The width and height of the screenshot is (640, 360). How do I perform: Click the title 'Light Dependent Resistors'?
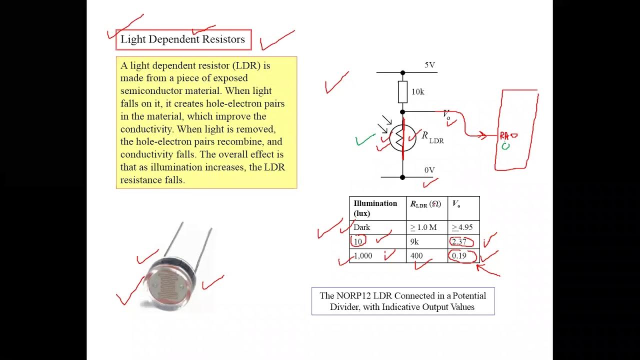[x=183, y=39]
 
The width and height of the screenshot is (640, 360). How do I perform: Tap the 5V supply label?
[x=429, y=65]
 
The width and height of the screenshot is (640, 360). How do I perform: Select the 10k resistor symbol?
[x=402, y=92]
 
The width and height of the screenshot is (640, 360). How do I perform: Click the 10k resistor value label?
[x=417, y=92]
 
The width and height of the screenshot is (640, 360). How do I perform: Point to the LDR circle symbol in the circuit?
[x=402, y=138]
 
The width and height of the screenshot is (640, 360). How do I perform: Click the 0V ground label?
[x=429, y=170]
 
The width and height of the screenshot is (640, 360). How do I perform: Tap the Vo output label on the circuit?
[x=446, y=114]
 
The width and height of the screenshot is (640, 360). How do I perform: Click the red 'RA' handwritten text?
[x=504, y=135]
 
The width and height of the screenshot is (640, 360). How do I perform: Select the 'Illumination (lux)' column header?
[x=375, y=208]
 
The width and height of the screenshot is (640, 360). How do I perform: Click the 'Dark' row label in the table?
[x=362, y=227]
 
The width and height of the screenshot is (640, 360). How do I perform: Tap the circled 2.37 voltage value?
[x=459, y=242]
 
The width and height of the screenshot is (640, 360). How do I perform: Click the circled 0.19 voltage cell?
[x=459, y=256]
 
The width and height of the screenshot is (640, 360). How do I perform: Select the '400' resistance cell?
[x=416, y=256]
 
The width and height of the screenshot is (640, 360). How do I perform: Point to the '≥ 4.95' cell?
[x=462, y=227]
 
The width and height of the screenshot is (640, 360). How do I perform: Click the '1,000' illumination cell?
[x=363, y=256]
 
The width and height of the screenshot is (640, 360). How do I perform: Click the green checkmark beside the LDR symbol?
[x=365, y=139]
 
